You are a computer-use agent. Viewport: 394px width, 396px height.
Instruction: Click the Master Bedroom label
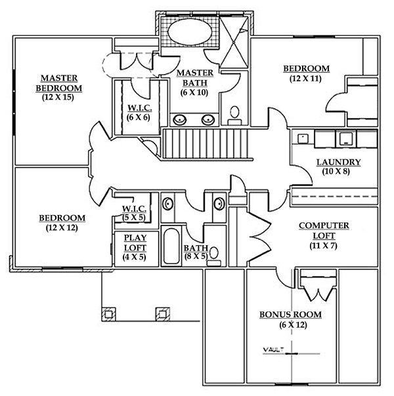pos(59,83)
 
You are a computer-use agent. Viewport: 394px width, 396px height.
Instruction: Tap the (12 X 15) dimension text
pos(58,97)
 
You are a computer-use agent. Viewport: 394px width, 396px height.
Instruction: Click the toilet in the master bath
pos(234,115)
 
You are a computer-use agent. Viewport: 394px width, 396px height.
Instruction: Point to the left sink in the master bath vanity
pos(180,119)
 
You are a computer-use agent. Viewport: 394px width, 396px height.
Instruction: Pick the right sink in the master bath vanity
pos(208,119)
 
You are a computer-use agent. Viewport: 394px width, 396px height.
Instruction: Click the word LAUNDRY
pos(339,162)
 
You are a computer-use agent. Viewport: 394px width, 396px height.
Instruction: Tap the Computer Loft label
pos(324,230)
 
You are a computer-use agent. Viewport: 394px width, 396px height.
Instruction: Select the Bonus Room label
pos(290,315)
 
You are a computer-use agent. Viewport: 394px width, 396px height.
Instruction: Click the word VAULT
pos(273,350)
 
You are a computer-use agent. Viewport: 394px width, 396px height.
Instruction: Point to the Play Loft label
pos(135,243)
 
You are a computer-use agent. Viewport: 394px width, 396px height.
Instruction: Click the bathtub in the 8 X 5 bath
pos(171,246)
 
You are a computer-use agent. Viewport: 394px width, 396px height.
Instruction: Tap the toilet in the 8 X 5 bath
pos(213,256)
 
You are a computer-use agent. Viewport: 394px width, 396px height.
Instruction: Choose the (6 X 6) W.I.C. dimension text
pos(139,118)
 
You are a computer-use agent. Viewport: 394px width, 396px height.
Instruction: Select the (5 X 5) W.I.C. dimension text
pos(134,218)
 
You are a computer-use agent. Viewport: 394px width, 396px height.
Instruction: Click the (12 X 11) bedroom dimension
pos(305,79)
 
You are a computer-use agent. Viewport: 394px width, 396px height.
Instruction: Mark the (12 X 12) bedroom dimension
pos(62,228)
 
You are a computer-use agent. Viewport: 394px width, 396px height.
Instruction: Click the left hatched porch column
pos(109,314)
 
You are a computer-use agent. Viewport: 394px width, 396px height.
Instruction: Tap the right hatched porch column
pos(163,314)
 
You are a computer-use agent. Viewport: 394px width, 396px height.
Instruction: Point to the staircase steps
pos(207,144)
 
